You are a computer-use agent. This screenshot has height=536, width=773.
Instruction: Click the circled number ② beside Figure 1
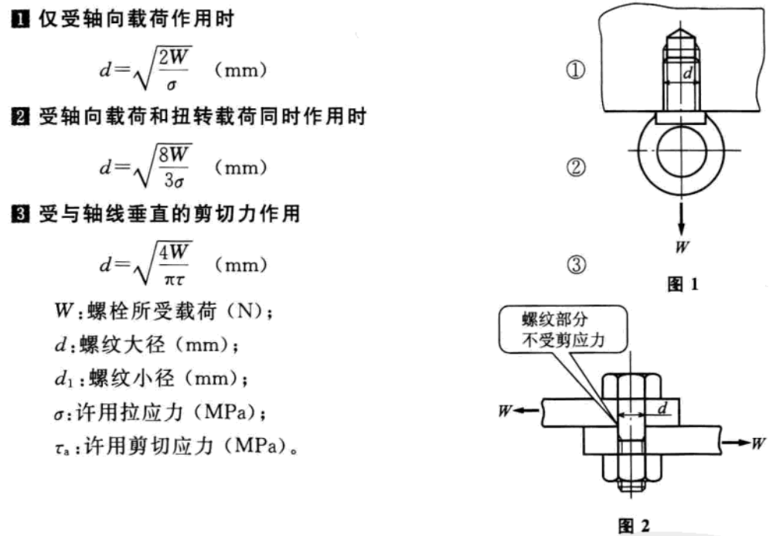coord(575,167)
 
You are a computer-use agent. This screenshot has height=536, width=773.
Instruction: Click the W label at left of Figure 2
coord(507,411)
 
